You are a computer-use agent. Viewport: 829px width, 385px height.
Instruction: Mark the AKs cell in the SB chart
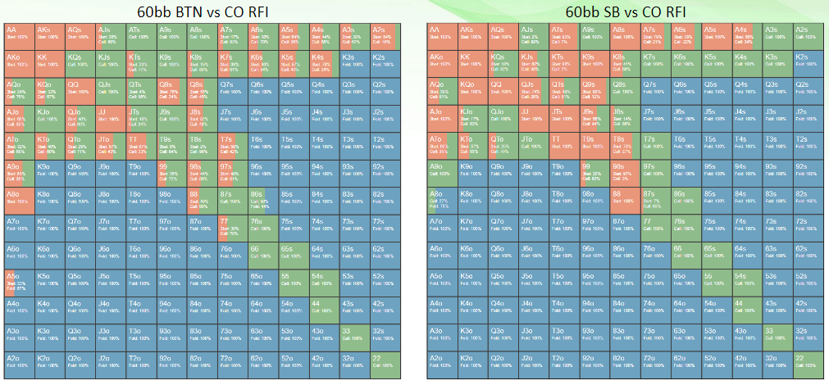[474, 37]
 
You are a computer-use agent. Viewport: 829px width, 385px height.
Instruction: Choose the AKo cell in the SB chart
[444, 64]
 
